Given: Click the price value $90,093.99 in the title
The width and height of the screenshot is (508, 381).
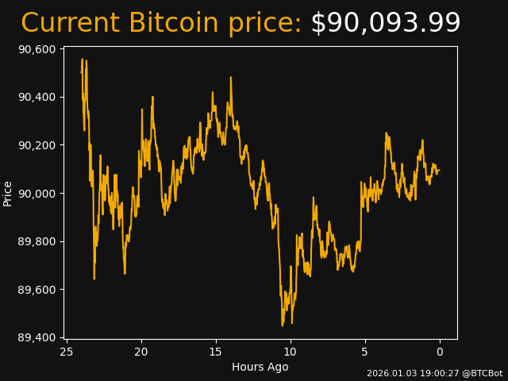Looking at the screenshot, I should (385, 23).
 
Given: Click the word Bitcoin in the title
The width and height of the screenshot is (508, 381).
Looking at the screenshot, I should (173, 23).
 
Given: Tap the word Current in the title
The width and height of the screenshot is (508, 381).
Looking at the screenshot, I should (70, 23).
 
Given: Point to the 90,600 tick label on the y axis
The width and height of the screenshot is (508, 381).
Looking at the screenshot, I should (36, 49).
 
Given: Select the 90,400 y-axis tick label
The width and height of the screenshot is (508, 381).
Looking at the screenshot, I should (36, 97).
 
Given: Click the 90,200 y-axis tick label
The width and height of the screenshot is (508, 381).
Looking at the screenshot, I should (36, 145).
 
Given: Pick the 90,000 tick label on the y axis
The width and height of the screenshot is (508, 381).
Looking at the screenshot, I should (36, 194).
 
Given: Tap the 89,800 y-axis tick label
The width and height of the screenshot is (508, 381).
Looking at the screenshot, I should (36, 241).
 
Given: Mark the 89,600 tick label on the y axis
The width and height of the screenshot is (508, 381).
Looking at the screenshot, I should (36, 290).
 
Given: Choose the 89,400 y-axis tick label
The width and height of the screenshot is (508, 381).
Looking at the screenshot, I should (36, 337).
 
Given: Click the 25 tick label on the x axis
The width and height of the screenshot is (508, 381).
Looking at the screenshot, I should (67, 352).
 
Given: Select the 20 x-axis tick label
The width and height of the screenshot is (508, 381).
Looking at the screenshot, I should (141, 352).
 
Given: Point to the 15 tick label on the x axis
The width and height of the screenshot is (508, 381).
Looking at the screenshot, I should (216, 352).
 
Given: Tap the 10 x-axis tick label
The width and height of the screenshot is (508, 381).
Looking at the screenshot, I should (291, 352).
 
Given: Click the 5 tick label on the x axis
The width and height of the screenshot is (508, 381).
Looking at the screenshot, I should (365, 352).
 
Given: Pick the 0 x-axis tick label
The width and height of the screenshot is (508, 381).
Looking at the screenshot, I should (440, 352).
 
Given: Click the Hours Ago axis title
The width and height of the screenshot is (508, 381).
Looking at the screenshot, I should (260, 367).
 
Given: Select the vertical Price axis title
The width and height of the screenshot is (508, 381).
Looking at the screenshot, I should (8, 193).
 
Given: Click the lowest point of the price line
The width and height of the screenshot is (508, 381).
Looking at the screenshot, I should (283, 325).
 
